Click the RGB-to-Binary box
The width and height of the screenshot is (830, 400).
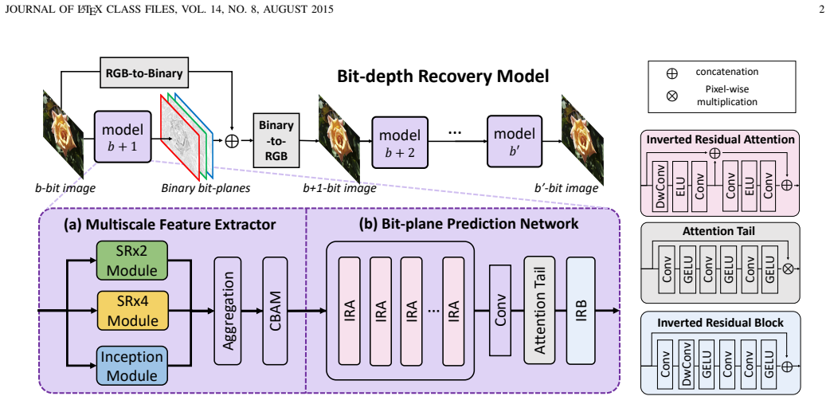144,73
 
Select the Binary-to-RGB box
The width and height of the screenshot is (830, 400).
276,140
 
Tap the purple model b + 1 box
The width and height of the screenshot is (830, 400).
123,137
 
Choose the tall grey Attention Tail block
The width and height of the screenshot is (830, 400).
539,310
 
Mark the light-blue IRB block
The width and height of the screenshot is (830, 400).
581,310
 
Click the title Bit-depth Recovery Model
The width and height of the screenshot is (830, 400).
443,76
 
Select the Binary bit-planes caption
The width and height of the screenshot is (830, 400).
206,188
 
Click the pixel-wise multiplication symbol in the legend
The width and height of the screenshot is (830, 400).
672,96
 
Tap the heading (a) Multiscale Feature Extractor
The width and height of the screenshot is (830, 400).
170,225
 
